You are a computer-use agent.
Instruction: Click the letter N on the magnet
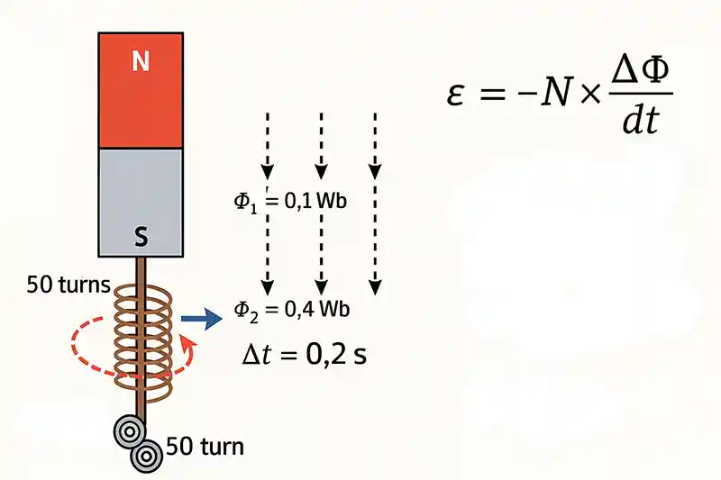tap(140, 61)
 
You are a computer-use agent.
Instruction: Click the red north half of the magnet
tap(140, 90)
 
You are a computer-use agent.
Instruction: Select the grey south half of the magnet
tap(140, 194)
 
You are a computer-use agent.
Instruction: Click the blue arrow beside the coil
tap(201, 318)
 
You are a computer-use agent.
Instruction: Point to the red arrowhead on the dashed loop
tap(187, 345)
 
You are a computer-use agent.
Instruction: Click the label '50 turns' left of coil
tap(68, 286)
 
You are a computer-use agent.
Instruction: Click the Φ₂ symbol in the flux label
tap(245, 308)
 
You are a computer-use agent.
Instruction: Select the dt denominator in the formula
tap(641, 119)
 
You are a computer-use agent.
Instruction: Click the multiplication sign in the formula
tap(589, 94)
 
